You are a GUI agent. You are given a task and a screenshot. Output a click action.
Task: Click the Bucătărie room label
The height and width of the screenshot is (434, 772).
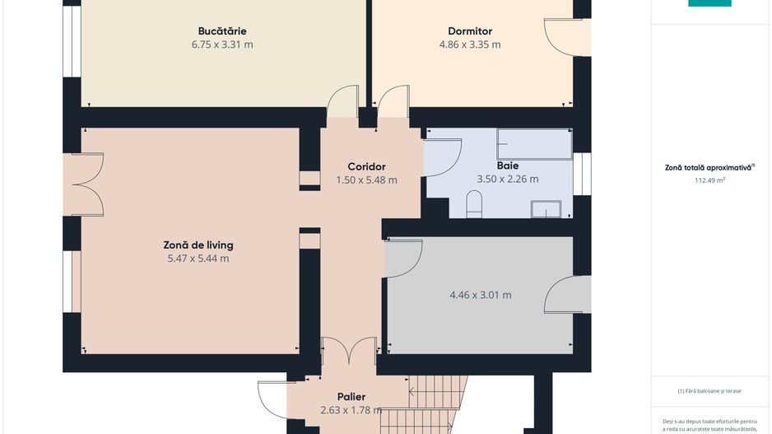coord(222,31)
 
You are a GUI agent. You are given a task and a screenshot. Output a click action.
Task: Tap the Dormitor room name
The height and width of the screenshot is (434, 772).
coord(470,31)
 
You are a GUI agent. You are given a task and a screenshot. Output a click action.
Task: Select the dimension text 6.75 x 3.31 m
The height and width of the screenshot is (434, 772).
coord(222,44)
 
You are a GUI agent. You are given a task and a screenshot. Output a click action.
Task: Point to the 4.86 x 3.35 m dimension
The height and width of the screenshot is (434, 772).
coord(470,44)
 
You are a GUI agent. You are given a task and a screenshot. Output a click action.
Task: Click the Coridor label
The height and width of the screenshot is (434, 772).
coord(366,166)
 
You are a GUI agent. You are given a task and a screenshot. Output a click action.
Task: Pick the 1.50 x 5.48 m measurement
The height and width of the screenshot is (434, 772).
coord(366,180)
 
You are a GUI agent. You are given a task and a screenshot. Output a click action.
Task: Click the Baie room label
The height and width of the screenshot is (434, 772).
coord(508,166)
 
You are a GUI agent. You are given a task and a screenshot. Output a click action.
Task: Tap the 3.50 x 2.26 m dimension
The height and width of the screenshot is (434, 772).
coord(508,179)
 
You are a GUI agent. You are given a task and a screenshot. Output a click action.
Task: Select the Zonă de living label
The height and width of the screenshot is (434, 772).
coord(198,245)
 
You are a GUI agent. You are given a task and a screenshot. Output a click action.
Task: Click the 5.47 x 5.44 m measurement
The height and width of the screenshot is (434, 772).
coord(198,259)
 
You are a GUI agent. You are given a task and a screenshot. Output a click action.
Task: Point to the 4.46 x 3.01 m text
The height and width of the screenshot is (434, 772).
coord(480,295)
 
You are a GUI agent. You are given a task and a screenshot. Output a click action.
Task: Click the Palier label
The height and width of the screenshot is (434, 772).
coord(351,397)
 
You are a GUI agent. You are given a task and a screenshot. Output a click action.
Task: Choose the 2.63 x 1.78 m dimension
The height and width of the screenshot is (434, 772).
coord(351,410)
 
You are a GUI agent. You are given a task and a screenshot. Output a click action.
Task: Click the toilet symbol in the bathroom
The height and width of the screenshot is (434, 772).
coord(474,204)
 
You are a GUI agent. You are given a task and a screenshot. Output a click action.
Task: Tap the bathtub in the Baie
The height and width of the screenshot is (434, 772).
coord(534,144)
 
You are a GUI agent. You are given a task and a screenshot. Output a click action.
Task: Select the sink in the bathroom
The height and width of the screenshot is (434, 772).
coord(545,209)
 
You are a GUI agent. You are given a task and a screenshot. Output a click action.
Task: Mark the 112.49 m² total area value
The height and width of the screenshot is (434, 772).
coord(709,180)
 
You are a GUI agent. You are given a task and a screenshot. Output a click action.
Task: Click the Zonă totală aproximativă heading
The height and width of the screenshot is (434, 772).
coord(709,167)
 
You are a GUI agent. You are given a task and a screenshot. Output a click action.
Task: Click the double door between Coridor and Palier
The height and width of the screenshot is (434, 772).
coord(349,351)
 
